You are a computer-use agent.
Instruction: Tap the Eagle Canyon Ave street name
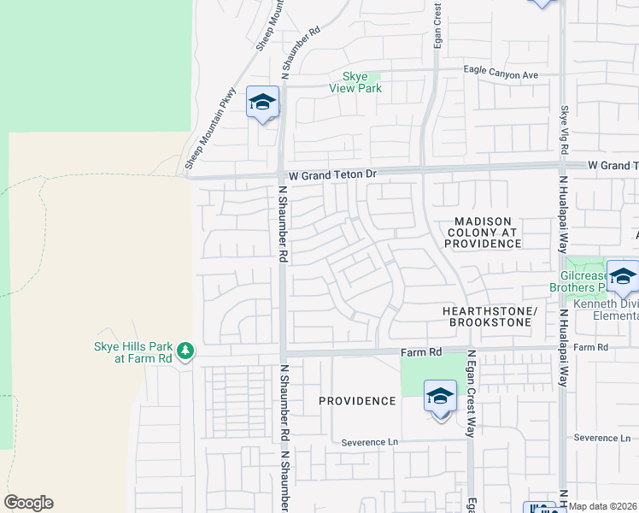coord(501,74)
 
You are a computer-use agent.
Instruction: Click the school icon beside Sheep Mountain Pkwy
coord(262,103)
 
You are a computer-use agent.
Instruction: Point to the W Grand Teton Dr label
coord(332,174)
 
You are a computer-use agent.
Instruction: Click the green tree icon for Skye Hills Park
coord(185,351)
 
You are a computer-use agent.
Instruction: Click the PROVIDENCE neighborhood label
coord(357,401)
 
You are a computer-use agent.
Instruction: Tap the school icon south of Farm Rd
coord(440,397)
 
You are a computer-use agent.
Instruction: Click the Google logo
coord(28,503)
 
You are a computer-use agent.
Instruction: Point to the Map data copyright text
coord(603,506)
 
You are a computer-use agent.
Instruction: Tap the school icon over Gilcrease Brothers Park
coord(623,277)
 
